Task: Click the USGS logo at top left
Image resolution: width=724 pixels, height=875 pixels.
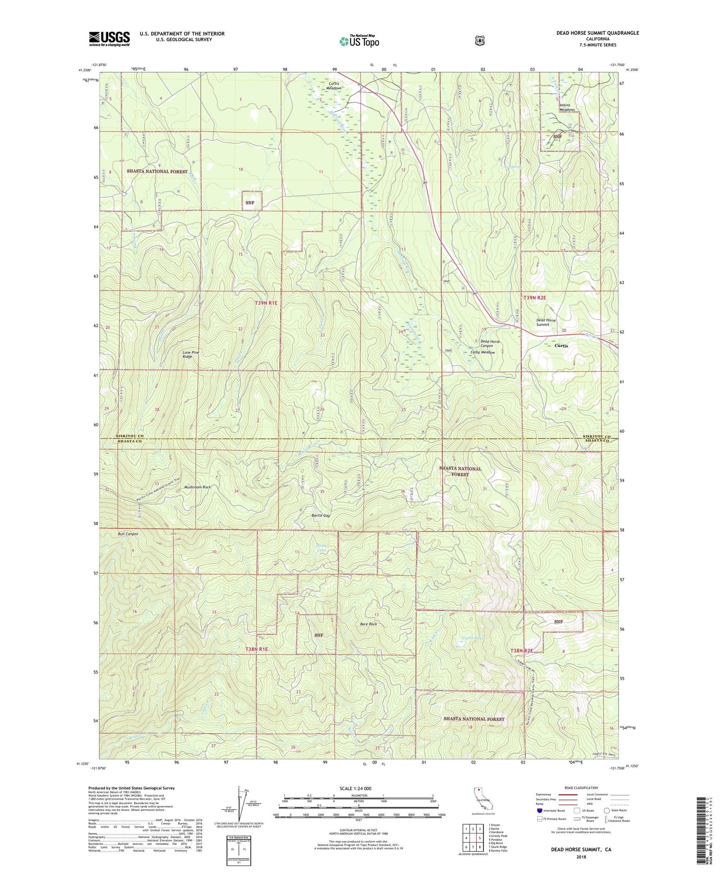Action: point(109,39)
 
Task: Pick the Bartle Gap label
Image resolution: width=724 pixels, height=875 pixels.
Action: point(320,515)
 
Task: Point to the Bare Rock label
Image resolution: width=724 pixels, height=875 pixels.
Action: point(368,624)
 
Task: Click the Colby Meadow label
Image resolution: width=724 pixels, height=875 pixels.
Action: point(483,352)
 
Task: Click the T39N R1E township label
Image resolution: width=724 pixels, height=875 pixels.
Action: point(266,303)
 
